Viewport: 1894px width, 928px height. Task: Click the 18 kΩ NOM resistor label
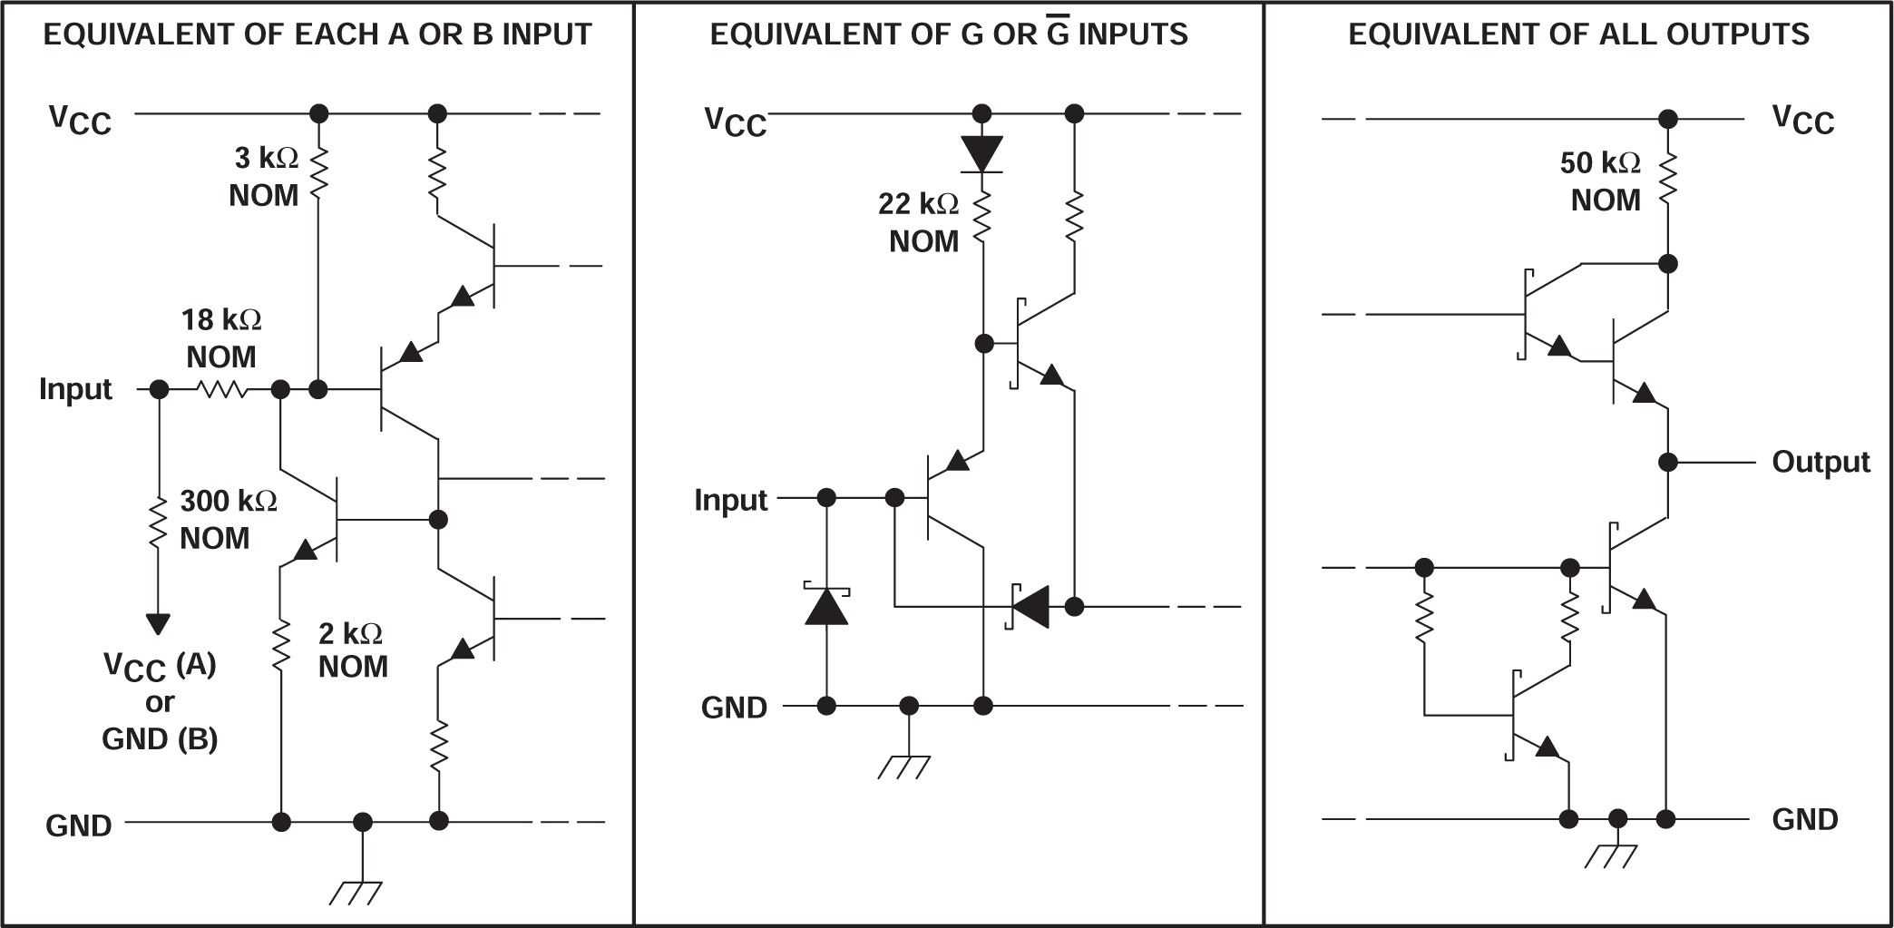point(221,337)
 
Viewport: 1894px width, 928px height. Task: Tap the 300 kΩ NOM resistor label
point(227,519)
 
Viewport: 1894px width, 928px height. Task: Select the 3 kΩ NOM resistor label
point(264,176)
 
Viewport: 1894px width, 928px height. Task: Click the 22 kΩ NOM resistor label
point(920,222)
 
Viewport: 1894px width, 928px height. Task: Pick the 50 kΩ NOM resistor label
point(1602,181)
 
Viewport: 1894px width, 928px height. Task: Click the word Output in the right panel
point(1821,462)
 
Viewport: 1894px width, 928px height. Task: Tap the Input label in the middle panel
point(730,500)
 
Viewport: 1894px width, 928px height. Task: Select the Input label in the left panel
point(75,389)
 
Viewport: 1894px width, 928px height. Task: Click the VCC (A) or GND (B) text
point(160,702)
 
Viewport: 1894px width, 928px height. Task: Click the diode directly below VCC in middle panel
point(981,153)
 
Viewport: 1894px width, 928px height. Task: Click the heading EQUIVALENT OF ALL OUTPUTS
point(1578,34)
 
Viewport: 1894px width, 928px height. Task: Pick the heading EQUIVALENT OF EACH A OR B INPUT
point(317,34)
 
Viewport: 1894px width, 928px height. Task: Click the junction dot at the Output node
point(1667,462)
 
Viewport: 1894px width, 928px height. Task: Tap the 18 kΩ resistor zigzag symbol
point(222,389)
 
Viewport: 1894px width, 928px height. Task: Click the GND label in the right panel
point(1804,819)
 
